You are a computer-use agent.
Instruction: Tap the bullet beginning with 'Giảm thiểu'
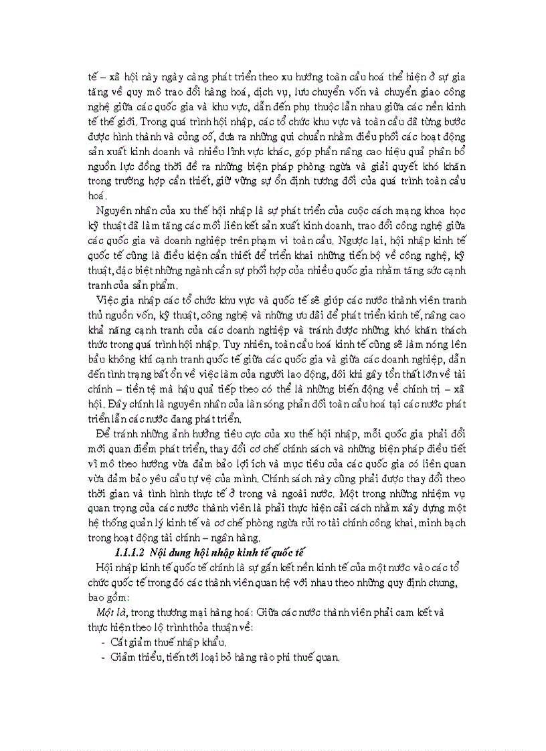click(225, 657)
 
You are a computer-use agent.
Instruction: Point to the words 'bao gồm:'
click(110, 597)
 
